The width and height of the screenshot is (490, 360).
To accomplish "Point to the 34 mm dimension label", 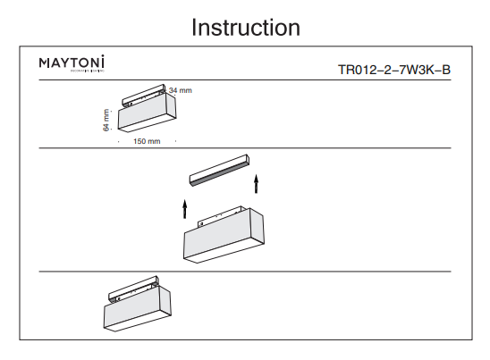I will pyautogui.click(x=180, y=91).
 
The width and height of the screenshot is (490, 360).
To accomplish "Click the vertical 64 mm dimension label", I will pyautogui.click(x=106, y=121).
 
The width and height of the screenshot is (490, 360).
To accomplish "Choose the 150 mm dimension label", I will pyautogui.click(x=146, y=141).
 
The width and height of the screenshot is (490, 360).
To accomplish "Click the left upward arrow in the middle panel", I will pyautogui.click(x=185, y=209).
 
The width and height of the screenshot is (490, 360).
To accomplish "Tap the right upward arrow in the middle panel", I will pyautogui.click(x=257, y=184).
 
